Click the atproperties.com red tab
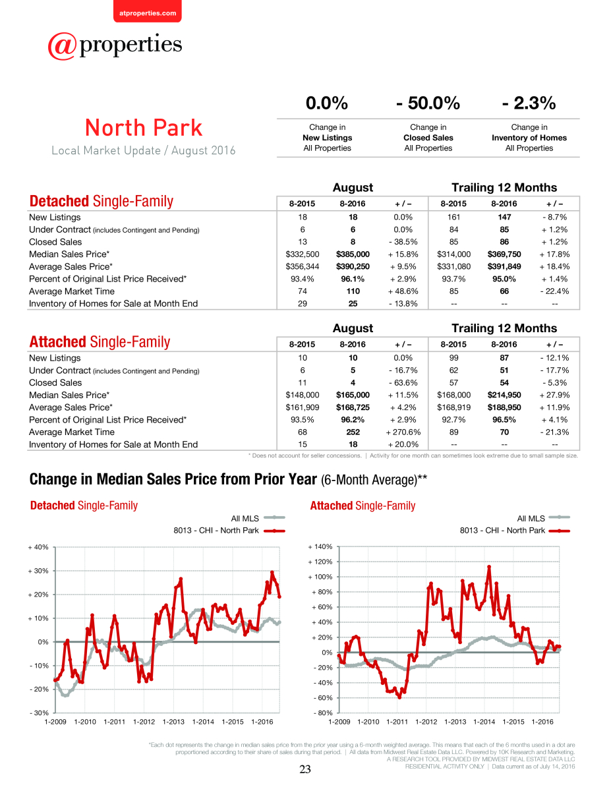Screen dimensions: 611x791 pos(148,11)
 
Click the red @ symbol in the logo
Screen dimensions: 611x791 pos(62,46)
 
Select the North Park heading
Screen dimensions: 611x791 pos(144,128)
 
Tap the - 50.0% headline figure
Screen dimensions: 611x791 pos(428,103)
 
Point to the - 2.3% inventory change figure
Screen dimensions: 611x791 pos(529,103)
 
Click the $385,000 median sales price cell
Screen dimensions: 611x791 pos(353,254)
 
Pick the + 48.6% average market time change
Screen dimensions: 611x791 pos(403,291)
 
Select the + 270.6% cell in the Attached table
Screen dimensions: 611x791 pos(403,432)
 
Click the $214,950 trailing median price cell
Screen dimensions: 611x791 pos(504,395)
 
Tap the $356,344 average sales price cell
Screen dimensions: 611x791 pos(302,266)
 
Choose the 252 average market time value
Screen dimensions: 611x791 pos(353,432)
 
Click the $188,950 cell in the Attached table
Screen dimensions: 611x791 pos(504,407)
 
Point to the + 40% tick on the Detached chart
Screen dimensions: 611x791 pos(38,547)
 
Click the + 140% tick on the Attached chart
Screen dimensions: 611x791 pos(320,546)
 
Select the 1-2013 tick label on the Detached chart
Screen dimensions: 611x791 pos(173,722)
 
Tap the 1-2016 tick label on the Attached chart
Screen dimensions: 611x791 pos(542,722)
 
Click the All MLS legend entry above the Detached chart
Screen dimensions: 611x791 pos(258,518)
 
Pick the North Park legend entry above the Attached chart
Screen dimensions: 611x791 pos(515,531)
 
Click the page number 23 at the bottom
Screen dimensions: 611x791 pos(305,769)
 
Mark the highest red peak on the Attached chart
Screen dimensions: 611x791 pos(488,567)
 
